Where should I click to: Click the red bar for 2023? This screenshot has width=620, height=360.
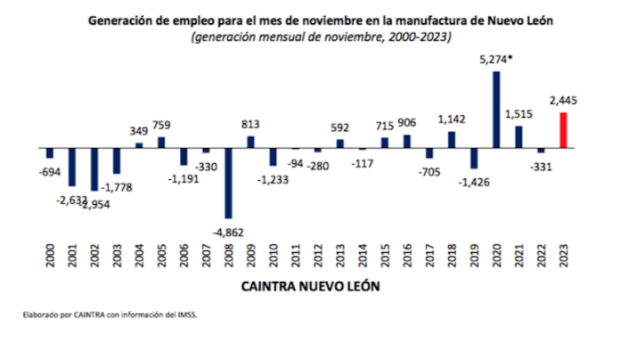[x=563, y=129]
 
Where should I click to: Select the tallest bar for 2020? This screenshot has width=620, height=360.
[x=496, y=109]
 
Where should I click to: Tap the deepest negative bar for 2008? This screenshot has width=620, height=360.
[x=228, y=182]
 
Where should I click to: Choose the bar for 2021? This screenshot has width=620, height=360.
[x=518, y=135]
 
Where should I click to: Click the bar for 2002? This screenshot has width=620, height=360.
[x=94, y=168]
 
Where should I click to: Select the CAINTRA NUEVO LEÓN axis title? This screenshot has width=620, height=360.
[x=306, y=289]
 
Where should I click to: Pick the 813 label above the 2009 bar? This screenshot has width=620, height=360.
[x=250, y=125]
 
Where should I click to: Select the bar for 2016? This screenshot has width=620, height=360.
[x=407, y=141]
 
